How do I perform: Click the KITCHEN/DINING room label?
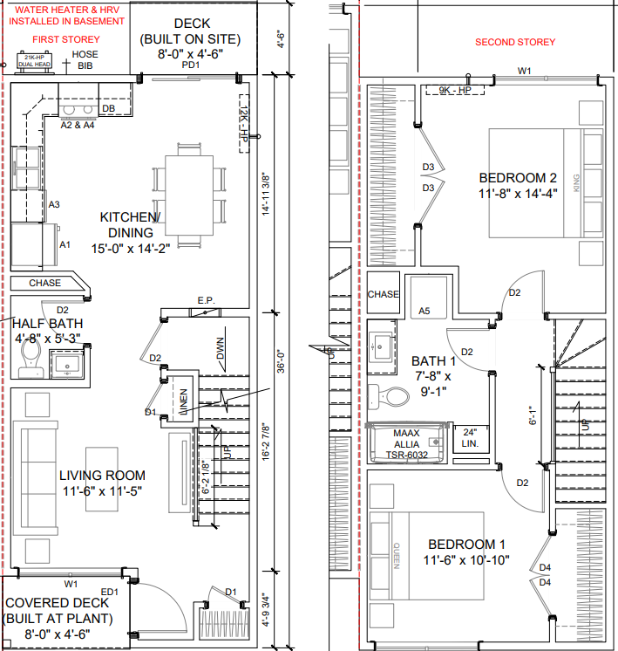[130, 225]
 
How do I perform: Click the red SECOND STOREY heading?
[514, 42]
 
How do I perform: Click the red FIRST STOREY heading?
[66, 40]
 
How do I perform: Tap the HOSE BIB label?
[85, 59]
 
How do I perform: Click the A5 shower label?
[424, 311]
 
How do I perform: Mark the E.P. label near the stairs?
[206, 302]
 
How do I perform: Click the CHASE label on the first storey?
[44, 283]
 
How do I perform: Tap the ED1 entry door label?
[110, 591]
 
